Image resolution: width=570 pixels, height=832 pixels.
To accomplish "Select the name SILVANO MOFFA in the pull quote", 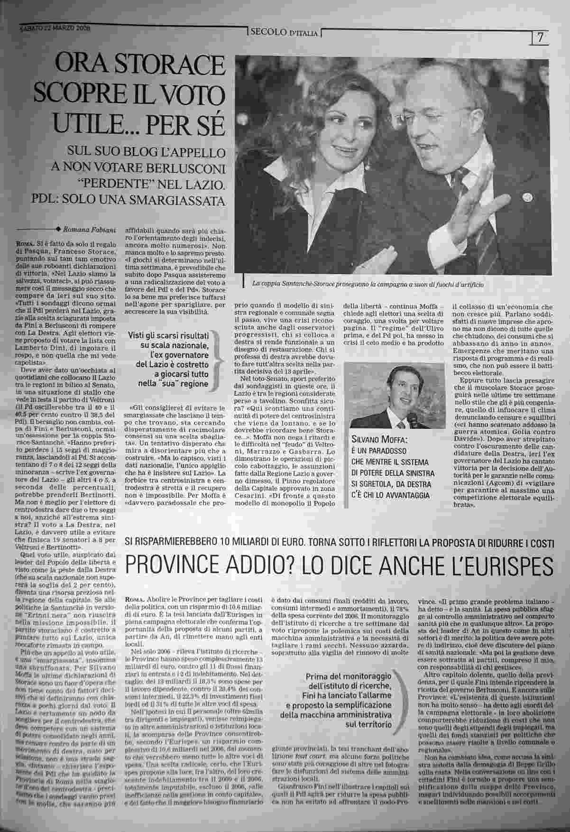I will [x=380, y=440].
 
